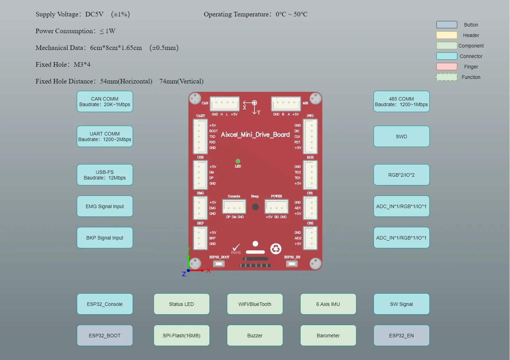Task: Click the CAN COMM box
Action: pyautogui.click(x=105, y=102)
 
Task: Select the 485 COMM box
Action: pyautogui.click(x=401, y=102)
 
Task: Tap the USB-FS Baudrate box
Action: pyautogui.click(x=105, y=175)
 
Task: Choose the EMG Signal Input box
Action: pyautogui.click(x=105, y=206)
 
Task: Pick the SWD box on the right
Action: pyautogui.click(x=401, y=137)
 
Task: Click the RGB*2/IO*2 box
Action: pyautogui.click(x=401, y=175)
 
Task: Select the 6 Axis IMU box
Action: pyautogui.click(x=328, y=304)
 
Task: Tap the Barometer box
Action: pyautogui.click(x=328, y=336)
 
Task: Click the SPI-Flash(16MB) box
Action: pyautogui.click(x=182, y=336)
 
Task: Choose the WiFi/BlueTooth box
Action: pyautogui.click(x=255, y=304)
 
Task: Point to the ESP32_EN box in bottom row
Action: pyautogui.click(x=401, y=336)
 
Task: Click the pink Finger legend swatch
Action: pyautogui.click(x=446, y=67)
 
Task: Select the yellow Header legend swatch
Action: pyautogui.click(x=446, y=35)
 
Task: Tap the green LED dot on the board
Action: pyautogui.click(x=238, y=161)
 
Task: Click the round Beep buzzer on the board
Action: pyautogui.click(x=255, y=207)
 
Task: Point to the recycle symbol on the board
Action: pyautogui.click(x=276, y=249)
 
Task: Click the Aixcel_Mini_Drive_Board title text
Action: pyautogui.click(x=255, y=135)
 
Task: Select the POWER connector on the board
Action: pyautogui.click(x=276, y=207)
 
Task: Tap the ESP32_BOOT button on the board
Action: pyautogui.click(x=219, y=264)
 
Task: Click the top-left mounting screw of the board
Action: pyautogui.click(x=195, y=98)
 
